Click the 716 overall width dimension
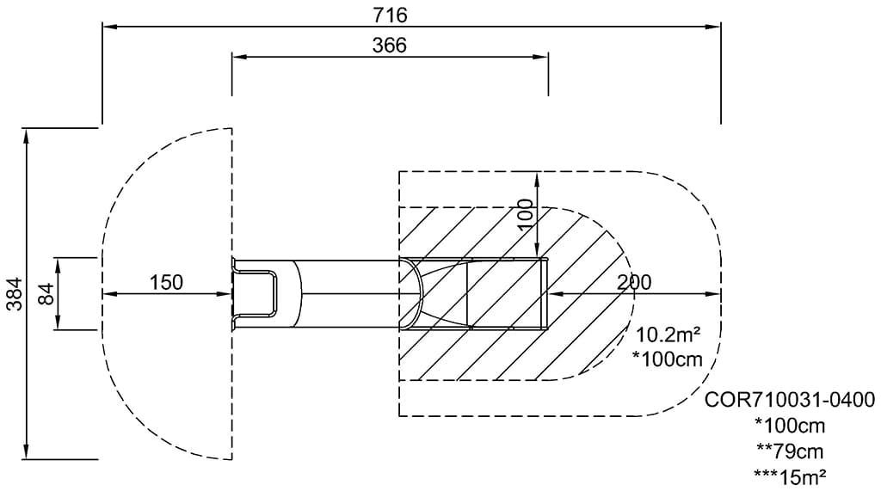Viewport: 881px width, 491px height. tap(390, 15)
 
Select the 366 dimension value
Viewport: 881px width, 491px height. tap(390, 45)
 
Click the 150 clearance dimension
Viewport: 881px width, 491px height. tap(166, 282)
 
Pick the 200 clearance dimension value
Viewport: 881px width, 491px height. tap(634, 282)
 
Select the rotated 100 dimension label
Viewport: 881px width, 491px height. tap(525, 214)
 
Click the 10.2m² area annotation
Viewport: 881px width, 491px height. tap(668, 334)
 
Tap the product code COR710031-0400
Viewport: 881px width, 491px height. tap(790, 400)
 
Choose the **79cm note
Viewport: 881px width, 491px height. tap(790, 451)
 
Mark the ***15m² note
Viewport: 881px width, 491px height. tap(790, 476)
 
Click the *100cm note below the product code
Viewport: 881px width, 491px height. tap(790, 426)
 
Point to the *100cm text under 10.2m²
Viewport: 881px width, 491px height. tap(667, 359)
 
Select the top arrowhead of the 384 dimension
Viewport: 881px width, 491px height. tap(25, 135)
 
